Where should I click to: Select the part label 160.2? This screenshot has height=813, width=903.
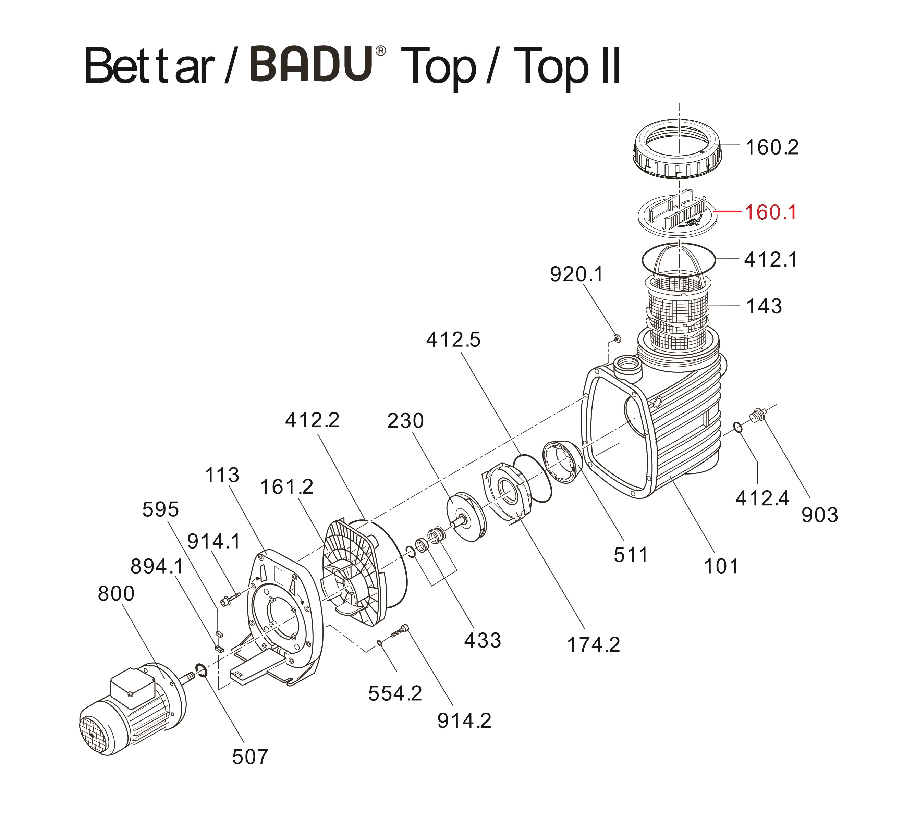tap(772, 147)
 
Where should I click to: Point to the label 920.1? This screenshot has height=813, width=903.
tap(576, 274)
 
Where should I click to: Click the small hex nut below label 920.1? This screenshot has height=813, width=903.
tap(616, 338)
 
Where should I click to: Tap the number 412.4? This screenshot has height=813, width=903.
tap(762, 498)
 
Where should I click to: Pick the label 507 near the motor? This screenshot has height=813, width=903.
tap(250, 757)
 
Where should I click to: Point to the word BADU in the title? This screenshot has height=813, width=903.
tap(312, 65)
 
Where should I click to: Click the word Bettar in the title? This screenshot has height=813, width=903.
tap(150, 66)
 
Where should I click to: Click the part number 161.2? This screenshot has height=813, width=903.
tap(286, 487)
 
